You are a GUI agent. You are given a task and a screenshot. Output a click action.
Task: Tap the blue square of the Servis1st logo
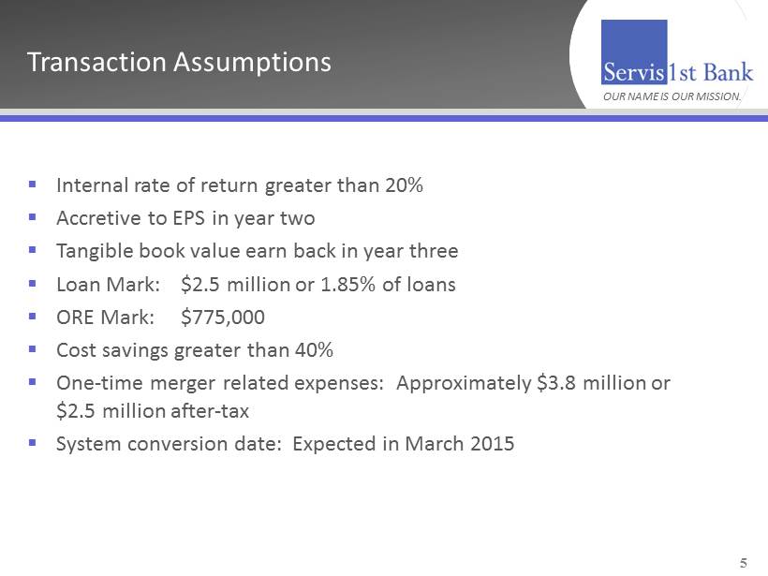(x=634, y=52)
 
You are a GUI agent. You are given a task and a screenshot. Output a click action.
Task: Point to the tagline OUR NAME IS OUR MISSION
(x=672, y=96)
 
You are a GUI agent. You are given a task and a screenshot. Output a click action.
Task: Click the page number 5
(x=744, y=563)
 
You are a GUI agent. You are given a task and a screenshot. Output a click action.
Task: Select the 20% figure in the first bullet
(x=404, y=185)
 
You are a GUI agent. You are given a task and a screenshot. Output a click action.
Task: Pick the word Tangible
(x=95, y=252)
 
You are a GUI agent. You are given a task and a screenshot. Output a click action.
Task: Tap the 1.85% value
(x=347, y=285)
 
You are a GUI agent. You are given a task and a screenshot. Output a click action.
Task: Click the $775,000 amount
(x=223, y=318)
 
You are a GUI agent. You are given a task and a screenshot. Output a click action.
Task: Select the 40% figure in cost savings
(x=314, y=350)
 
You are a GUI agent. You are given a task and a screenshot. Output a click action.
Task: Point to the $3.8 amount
(x=556, y=383)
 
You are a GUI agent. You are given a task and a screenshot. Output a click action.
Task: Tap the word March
(x=434, y=444)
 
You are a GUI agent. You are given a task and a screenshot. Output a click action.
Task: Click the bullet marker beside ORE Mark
(x=33, y=317)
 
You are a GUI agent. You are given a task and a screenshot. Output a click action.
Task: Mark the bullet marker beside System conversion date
(x=33, y=443)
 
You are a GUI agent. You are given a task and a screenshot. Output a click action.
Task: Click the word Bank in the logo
(x=728, y=72)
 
